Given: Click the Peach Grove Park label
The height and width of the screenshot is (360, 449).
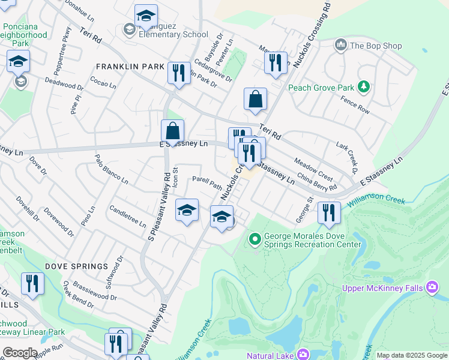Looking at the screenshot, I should [x=321, y=88].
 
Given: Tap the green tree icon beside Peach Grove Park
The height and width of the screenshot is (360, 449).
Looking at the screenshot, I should [x=363, y=88].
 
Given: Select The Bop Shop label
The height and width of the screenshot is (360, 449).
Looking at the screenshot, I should [x=367, y=46].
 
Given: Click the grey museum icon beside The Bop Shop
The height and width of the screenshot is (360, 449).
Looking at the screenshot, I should [x=341, y=45].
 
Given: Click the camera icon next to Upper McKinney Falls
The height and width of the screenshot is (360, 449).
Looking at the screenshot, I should [x=432, y=287].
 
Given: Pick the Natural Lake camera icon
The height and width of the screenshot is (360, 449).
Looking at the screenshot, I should [x=303, y=355].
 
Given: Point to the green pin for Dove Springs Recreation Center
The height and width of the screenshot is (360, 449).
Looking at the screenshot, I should [x=255, y=239].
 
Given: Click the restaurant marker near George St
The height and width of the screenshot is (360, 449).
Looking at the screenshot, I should [x=329, y=213].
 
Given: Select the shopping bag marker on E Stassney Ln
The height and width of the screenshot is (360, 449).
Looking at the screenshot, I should [x=172, y=131].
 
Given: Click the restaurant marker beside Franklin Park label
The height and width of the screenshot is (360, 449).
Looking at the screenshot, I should [x=179, y=74].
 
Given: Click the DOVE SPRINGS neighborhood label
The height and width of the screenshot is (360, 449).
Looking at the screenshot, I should [x=76, y=266].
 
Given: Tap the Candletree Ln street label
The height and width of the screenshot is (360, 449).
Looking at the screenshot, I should [x=128, y=216].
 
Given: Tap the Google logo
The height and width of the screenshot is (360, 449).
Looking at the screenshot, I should [x=20, y=353].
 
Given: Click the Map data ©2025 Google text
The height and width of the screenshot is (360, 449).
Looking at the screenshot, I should [x=411, y=355].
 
